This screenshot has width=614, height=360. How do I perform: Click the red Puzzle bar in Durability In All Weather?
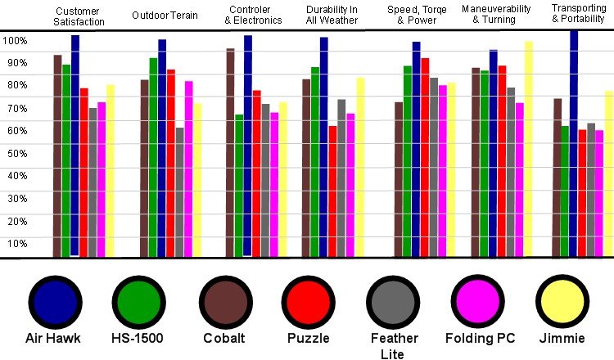(x=332, y=191)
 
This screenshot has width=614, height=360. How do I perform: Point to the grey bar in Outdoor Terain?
(x=179, y=192)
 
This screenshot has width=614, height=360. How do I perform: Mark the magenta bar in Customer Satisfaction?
(x=102, y=180)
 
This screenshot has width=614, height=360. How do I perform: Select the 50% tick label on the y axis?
(x=15, y=152)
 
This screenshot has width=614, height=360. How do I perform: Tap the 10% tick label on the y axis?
(x=15, y=243)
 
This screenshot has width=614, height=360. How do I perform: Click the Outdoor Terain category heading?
(x=165, y=16)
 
